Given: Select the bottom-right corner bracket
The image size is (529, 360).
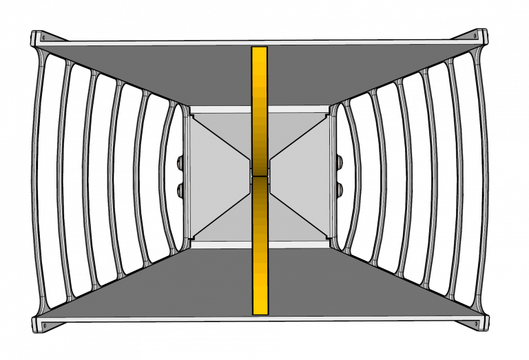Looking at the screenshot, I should [x=477, y=321].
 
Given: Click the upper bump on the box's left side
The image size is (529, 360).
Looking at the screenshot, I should [x=180, y=164].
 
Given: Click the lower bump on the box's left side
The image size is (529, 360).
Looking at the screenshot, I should [x=180, y=188].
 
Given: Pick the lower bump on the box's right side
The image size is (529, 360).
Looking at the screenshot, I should [x=339, y=188].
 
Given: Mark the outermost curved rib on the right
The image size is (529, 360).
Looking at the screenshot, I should [x=484, y=179].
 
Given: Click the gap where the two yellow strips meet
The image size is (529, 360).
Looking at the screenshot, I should [x=259, y=176].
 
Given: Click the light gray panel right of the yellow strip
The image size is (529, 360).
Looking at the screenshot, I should [x=300, y=176].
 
